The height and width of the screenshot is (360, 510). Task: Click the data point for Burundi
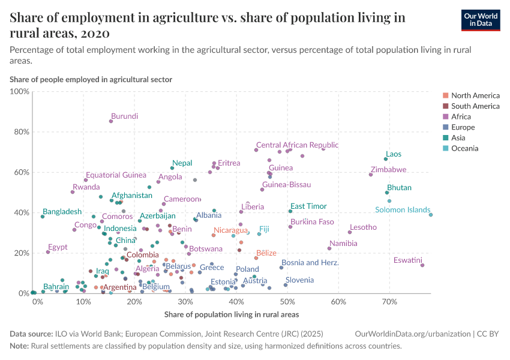click(x=111, y=121)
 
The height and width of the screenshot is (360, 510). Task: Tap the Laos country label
click(x=394, y=154)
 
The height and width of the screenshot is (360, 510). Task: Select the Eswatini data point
click(x=422, y=265)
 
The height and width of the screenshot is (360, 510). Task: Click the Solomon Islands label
click(x=403, y=210)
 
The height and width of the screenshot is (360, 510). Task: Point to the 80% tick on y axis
click(x=20, y=132)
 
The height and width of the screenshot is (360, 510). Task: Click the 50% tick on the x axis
click(x=287, y=302)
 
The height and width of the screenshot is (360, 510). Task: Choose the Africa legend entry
click(x=461, y=117)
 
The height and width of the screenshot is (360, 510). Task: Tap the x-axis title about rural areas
click(x=231, y=314)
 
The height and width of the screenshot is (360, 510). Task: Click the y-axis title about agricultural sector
click(x=91, y=79)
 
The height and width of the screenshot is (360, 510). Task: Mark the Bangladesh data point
click(x=43, y=217)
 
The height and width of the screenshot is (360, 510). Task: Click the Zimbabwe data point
click(x=371, y=175)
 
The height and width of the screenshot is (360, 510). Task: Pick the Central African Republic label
click(x=297, y=145)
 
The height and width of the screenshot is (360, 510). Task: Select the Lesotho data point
click(x=350, y=232)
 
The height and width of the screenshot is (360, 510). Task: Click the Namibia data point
click(x=329, y=248)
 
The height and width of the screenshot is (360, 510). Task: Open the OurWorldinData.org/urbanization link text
click(x=405, y=334)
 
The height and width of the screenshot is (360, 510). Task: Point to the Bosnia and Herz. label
click(x=310, y=263)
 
